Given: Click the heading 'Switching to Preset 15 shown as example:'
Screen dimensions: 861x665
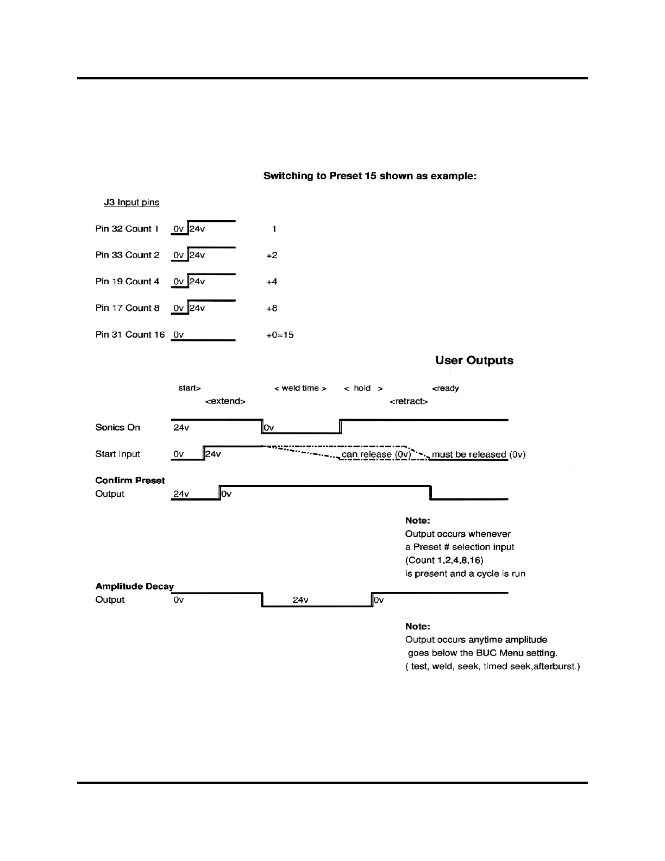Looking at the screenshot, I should click(x=369, y=176).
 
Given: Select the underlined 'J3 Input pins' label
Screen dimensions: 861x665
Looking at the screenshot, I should click(x=131, y=202).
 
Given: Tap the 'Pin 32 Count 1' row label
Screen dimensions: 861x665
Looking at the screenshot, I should click(x=127, y=229).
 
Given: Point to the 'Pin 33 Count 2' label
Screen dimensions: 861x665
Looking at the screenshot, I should click(x=127, y=255).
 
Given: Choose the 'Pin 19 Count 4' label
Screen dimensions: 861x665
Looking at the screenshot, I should click(x=127, y=282).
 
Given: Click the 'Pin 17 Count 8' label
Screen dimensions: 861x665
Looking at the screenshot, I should click(x=127, y=308).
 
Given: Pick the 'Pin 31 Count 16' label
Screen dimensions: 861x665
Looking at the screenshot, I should click(x=130, y=335).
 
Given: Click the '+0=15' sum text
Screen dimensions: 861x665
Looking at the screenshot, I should click(x=280, y=335).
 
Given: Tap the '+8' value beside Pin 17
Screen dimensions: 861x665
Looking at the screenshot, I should click(x=272, y=308).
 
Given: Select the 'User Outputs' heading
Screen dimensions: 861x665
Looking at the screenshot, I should click(x=474, y=360).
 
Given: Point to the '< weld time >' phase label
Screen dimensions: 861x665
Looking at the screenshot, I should click(x=300, y=388).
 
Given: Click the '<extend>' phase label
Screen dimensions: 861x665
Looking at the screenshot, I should click(x=225, y=401).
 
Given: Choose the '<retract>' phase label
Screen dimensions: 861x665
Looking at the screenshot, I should click(x=409, y=401).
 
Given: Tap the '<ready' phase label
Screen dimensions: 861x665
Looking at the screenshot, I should click(x=446, y=388).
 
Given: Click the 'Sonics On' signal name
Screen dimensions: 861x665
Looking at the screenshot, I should click(x=117, y=427).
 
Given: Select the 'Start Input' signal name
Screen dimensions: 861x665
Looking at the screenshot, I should click(x=117, y=454).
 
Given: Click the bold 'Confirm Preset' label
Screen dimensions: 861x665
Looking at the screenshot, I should click(x=130, y=481).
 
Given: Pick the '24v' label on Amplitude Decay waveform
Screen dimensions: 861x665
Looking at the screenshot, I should click(x=300, y=600).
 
